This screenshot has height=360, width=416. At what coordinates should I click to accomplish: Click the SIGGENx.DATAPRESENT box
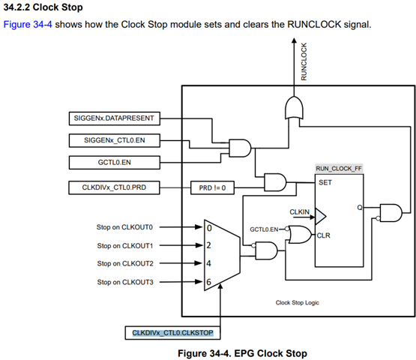click(115, 118)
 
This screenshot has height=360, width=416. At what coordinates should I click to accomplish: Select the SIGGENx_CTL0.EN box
click(115, 140)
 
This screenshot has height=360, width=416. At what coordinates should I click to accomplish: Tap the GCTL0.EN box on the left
click(115, 163)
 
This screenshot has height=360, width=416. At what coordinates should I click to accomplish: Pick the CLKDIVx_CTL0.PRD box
click(114, 187)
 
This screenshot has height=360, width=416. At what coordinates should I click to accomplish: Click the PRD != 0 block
click(212, 188)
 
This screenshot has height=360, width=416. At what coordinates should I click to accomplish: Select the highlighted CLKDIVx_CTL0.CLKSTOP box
click(172, 333)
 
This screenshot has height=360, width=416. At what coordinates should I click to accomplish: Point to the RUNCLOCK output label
click(304, 61)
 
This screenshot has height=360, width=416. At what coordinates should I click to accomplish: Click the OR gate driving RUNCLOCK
click(294, 107)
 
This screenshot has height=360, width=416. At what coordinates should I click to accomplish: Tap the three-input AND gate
click(240, 148)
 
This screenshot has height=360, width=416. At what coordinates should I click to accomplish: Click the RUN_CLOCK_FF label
click(339, 169)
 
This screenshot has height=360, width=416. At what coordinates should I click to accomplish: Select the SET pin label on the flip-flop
click(325, 183)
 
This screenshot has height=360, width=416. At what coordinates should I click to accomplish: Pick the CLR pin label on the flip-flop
click(323, 235)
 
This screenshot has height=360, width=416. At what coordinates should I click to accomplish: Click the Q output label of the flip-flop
click(360, 207)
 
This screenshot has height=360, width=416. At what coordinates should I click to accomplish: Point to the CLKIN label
click(299, 211)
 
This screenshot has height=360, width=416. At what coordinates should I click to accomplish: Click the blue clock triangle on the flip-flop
click(320, 216)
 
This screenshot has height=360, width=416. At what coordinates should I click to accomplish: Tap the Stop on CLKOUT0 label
click(124, 227)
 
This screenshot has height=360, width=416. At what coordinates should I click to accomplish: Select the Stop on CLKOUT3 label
click(125, 282)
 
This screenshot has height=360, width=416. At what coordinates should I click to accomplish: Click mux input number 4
click(209, 263)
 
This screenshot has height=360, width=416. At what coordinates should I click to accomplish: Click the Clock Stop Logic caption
click(297, 303)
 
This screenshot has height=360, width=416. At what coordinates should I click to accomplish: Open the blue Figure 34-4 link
click(28, 25)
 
